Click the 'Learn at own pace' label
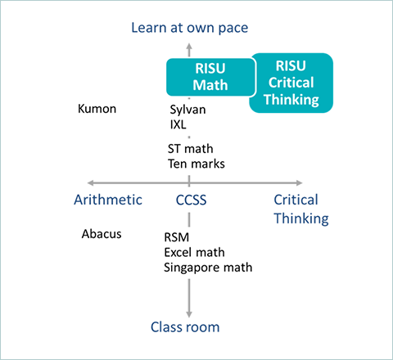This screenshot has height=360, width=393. pos(190,28)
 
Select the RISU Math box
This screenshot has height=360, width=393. pos(210,77)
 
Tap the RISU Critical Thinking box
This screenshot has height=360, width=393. pos(291,83)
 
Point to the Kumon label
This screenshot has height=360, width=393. pos(97,109)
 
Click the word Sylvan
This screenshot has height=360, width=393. pos(187,110)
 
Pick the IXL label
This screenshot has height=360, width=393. pos(178,124)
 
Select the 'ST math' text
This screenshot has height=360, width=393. pos(190,149)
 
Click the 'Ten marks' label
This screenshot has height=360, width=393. pos(196,164)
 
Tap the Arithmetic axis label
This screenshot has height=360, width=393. pos(108,200)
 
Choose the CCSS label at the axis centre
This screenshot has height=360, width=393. pos(191,200)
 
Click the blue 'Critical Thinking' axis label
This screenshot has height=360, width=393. pos(301,209)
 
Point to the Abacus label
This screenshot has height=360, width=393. pos(102,234)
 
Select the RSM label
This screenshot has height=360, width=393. pos(177,237)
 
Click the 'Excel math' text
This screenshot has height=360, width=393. pos(194,252)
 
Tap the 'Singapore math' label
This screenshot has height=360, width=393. pos(208,268)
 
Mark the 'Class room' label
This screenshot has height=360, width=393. pos(185,327)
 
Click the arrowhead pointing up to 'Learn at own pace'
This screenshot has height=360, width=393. pos(189,46)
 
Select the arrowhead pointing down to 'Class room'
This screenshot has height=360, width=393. pos(189,314)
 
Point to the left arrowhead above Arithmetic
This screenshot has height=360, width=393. pos(90,182)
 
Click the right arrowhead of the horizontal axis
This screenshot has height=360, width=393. pos(299,182)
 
